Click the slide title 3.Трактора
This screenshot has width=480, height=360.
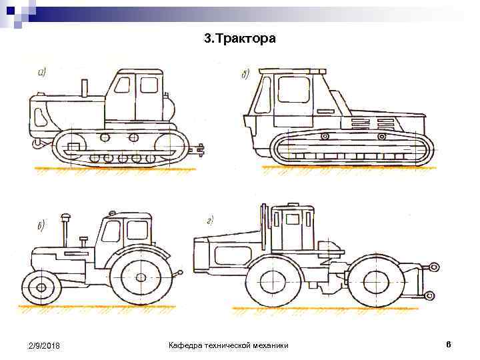click(x=239, y=39)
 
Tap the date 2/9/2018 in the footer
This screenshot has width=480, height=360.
click(x=45, y=345)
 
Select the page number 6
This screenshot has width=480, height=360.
click(x=449, y=344)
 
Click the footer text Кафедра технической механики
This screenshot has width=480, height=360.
click(x=229, y=345)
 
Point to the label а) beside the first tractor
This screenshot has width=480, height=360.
click(x=42, y=73)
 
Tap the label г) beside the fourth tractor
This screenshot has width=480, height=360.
click(x=210, y=219)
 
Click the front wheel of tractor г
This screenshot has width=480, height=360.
click(x=274, y=279)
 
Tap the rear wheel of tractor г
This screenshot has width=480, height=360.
click(x=375, y=280)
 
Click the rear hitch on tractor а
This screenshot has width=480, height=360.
click(x=198, y=151)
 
